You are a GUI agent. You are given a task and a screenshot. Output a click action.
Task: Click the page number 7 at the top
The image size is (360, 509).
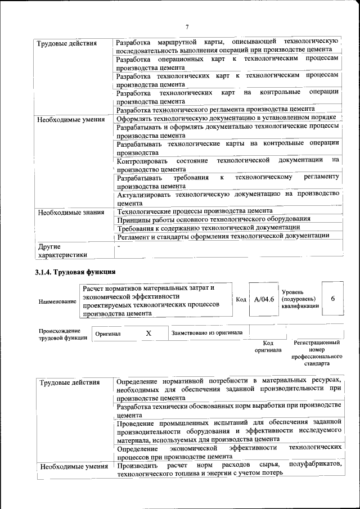pyautogui.click(x=187, y=26)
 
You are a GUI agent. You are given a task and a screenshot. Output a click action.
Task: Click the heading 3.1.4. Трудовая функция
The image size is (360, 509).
pyautogui.click(x=71, y=273)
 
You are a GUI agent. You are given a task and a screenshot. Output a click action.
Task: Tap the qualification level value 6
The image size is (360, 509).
pyautogui.click(x=333, y=299)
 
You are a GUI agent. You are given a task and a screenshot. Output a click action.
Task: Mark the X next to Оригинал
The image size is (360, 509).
pyautogui.click(x=148, y=334)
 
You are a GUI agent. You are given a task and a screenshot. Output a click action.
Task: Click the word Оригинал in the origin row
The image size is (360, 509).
pyautogui.click(x=108, y=334)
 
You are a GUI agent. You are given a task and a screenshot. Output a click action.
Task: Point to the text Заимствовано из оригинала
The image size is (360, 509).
pyautogui.click(x=208, y=333)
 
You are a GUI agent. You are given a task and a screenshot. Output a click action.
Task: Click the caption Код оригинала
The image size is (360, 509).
pyautogui.click(x=268, y=346)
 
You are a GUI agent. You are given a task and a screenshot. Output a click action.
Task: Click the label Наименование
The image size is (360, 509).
pyautogui.click(x=57, y=302)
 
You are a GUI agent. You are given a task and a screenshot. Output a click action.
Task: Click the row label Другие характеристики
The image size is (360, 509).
pyautogui.click(x=62, y=251)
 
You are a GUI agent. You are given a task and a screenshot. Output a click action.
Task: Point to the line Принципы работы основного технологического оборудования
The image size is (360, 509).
pyautogui.click(x=213, y=219)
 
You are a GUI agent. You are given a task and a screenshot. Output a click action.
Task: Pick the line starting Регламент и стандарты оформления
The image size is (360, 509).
pyautogui.click(x=223, y=236)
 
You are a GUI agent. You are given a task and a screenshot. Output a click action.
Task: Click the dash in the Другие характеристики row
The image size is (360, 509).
pyautogui.click(x=119, y=246)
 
